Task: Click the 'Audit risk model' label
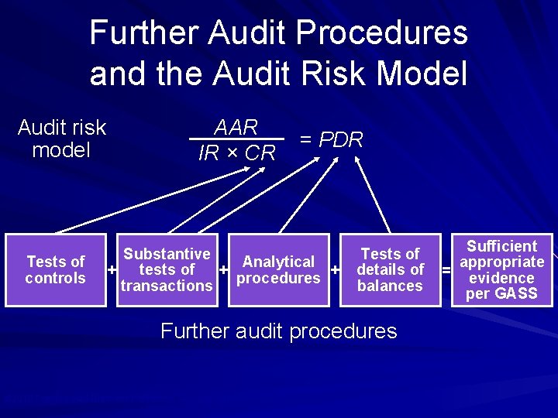pos(61,139)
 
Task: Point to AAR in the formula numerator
pos(236,127)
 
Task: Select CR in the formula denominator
pos(260,153)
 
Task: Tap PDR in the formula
pos(341,140)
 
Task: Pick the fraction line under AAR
pos(236,139)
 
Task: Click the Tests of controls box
pos(55,269)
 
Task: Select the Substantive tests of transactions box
pos(167,269)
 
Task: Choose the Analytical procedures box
pos(278,269)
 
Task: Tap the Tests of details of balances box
pos(390,269)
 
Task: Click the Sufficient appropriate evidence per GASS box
pos(502,269)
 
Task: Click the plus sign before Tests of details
pos(336,270)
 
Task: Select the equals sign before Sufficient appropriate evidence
pos(446,270)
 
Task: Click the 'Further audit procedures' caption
pos(278,331)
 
